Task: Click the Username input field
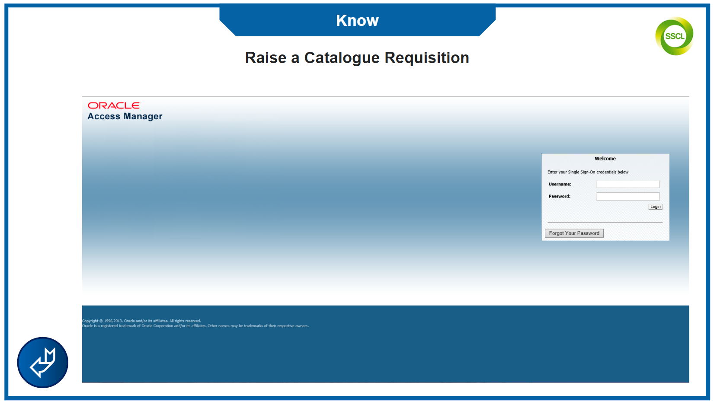click(x=627, y=184)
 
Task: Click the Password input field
click(x=627, y=196)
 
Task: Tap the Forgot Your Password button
click(x=574, y=233)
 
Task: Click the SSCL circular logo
click(x=674, y=36)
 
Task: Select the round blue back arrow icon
click(x=42, y=363)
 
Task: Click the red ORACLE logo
click(x=114, y=105)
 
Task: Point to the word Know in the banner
click(x=357, y=21)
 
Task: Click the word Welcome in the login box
click(x=605, y=159)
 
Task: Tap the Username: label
click(x=560, y=184)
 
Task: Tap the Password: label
click(x=560, y=196)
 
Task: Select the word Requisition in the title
click(x=427, y=58)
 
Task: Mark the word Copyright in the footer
click(x=90, y=321)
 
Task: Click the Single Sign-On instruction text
click(x=588, y=172)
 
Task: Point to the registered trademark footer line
click(x=195, y=326)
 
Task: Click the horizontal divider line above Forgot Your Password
click(x=605, y=222)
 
